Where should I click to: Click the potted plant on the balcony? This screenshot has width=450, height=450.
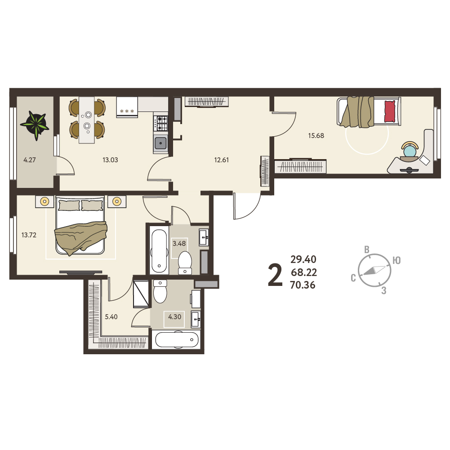click(x=35, y=125)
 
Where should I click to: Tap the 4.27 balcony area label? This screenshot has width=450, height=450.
click(x=30, y=160)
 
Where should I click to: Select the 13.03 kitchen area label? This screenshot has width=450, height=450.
click(x=110, y=160)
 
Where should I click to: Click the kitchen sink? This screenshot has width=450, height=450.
click(x=160, y=143)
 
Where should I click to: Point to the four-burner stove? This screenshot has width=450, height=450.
click(x=160, y=123)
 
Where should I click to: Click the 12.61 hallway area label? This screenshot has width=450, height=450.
click(x=222, y=160)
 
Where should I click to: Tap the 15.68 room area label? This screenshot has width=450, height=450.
click(x=316, y=135)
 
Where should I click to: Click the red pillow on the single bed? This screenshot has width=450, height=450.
click(x=389, y=111)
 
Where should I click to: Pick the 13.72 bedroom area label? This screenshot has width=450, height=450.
click(x=29, y=235)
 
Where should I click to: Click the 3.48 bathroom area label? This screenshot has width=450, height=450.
click(x=179, y=244)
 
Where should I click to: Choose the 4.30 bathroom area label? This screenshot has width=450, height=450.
click(x=174, y=317)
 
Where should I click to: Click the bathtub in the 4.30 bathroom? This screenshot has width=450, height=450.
click(x=177, y=340)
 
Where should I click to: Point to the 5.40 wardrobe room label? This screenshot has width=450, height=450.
click(x=111, y=317)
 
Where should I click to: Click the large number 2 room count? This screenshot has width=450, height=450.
click(x=275, y=275)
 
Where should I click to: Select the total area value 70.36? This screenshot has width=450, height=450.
click(x=303, y=285)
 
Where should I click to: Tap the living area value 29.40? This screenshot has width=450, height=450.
click(x=303, y=259)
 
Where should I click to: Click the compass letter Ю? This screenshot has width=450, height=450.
click(x=397, y=260)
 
